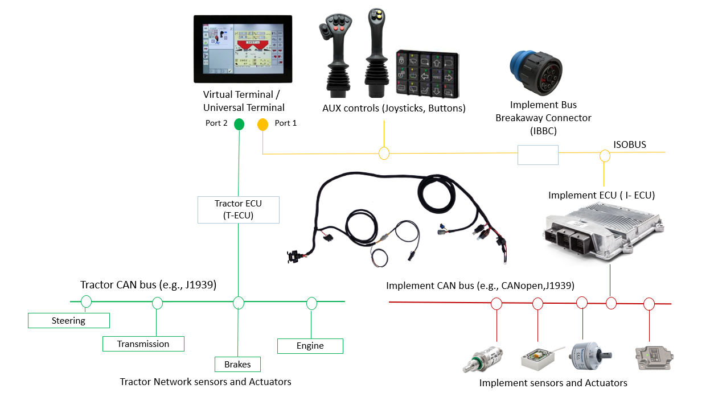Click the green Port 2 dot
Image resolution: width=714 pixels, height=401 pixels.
click(x=240, y=124)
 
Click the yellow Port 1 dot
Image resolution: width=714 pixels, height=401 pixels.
click(x=262, y=125)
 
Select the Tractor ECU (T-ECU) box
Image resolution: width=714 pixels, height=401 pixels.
click(x=238, y=210)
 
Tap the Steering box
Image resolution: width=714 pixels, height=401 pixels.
click(x=68, y=321)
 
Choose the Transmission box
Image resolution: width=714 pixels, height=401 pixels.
click(x=143, y=344)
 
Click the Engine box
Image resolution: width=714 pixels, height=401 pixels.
click(x=310, y=346)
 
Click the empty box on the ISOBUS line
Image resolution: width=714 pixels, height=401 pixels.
click(x=537, y=155)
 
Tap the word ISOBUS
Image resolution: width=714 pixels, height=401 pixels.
click(x=630, y=144)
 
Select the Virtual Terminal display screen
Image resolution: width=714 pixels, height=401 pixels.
click(x=243, y=49)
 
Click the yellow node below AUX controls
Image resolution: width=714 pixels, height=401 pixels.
click(x=384, y=154)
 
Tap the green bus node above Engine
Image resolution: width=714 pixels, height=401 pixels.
click(x=311, y=303)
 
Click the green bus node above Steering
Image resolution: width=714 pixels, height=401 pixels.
click(x=86, y=301)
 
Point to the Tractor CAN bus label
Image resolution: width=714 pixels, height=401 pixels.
click(x=148, y=284)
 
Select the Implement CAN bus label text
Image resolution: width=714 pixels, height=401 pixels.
click(x=480, y=285)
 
